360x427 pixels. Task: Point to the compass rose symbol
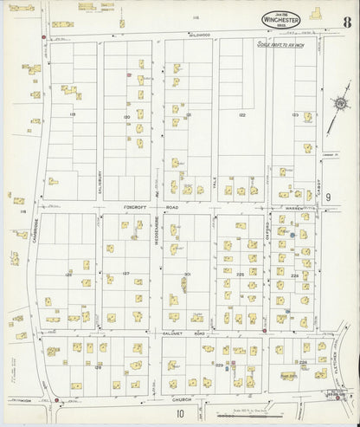coord(339,105)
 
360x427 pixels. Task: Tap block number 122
coord(242,114)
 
